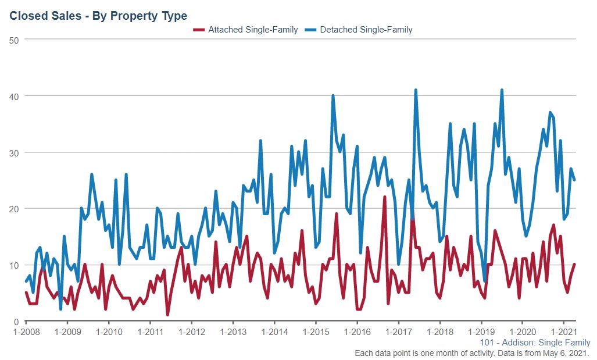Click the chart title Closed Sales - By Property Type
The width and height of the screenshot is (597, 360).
(x=98, y=16)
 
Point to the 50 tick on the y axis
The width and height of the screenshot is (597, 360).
(x=13, y=40)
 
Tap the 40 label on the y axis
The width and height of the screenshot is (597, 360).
(x=13, y=96)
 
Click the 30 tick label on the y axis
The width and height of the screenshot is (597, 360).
(x=13, y=152)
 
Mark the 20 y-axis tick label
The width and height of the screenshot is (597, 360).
(x=13, y=209)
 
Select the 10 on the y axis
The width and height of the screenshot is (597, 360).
(x=13, y=265)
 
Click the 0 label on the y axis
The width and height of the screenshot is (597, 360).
(x=16, y=322)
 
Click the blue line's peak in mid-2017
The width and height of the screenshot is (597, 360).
(x=416, y=90)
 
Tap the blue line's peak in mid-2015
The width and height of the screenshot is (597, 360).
(x=333, y=96)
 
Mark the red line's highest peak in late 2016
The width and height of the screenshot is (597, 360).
(x=385, y=197)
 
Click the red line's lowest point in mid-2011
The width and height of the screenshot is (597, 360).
(x=167, y=315)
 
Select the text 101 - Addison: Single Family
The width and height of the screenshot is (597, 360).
(x=535, y=343)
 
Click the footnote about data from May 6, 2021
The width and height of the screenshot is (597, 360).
(x=472, y=353)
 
